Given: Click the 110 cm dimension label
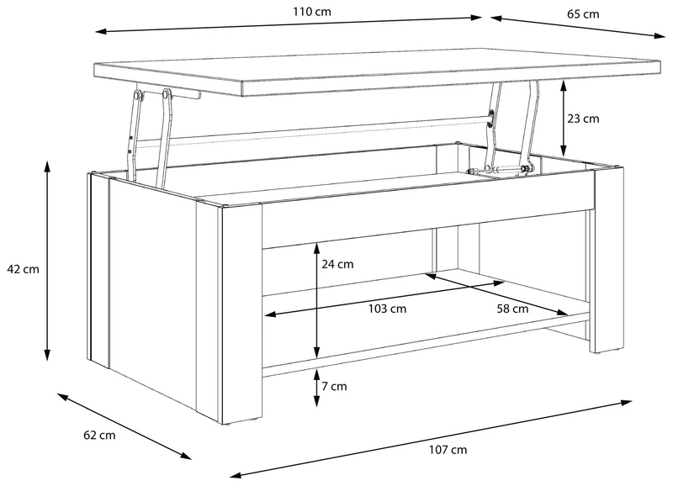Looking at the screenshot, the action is [x=312, y=12].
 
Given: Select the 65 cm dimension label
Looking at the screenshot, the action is [x=583, y=14].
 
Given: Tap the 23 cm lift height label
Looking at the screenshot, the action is [x=583, y=119].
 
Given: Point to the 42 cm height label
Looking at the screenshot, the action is [x=23, y=269].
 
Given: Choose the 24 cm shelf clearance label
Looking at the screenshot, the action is [x=338, y=264].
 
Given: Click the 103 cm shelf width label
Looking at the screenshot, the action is [x=387, y=309].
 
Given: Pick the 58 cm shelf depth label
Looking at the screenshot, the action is [x=512, y=309].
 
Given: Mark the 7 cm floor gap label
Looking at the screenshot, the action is [x=334, y=387].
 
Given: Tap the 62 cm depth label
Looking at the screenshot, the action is [x=99, y=436].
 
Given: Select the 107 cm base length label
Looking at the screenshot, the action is [x=448, y=450].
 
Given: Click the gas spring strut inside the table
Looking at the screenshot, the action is [x=497, y=171].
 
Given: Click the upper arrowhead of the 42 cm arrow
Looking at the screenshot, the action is [x=47, y=166].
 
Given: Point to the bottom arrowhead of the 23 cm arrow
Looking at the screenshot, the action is [x=564, y=151].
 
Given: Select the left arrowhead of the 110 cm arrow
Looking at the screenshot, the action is [x=101, y=31].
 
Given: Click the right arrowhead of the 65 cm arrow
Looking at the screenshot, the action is [x=660, y=35].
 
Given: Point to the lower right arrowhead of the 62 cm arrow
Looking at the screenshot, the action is [x=186, y=456].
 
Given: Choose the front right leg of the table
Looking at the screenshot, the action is [x=608, y=261].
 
